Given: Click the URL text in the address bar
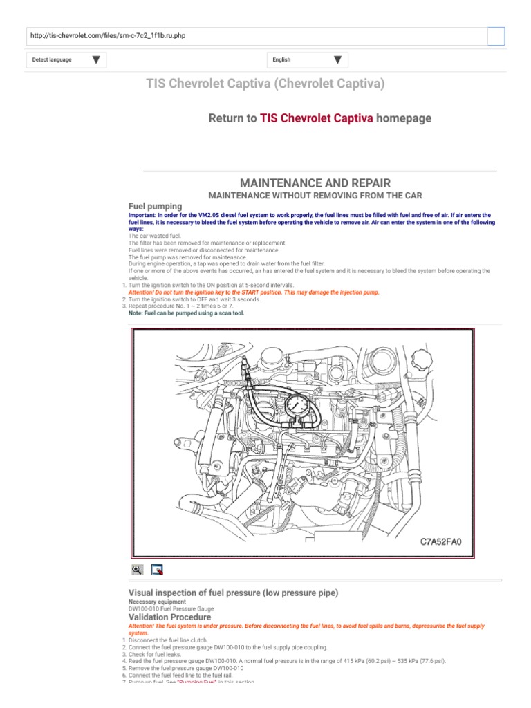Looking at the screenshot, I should [106, 36].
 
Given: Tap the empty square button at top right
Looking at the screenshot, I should [496, 37].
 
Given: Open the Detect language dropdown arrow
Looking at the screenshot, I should [95, 60].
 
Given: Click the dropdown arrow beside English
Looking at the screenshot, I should [337, 60].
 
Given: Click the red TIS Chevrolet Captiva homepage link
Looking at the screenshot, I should [316, 118].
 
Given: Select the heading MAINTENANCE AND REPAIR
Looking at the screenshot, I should [315, 183].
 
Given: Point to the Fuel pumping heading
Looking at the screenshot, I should [156, 206].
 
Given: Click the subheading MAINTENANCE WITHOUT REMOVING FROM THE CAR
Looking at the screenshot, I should [315, 196].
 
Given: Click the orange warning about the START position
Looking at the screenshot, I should [254, 292].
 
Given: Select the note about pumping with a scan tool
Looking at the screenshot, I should [186, 313].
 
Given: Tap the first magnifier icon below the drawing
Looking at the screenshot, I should [137, 570].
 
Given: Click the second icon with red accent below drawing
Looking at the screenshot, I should [157, 570].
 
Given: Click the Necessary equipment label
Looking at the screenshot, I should [157, 602].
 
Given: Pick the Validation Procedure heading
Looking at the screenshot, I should [170, 616].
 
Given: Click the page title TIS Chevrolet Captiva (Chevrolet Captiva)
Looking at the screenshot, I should [265, 84].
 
